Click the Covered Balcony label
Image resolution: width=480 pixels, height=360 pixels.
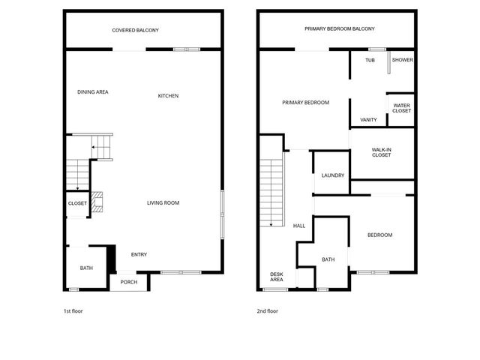pyautogui.click(x=135, y=30)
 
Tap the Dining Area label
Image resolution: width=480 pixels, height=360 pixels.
pyautogui.click(x=93, y=92)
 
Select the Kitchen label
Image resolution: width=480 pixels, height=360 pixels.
pyautogui.click(x=168, y=95)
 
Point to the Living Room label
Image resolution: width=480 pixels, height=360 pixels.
pyautogui.click(x=163, y=202)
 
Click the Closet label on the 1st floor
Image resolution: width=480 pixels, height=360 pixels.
pyautogui.click(x=77, y=203)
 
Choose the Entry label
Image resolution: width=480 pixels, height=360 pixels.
pyautogui.click(x=139, y=254)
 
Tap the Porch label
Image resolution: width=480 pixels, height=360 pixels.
pyautogui.click(x=129, y=282)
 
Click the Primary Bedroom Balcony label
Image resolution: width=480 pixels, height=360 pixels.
pyautogui.click(x=339, y=28)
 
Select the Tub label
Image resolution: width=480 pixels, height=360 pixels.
pyautogui.click(x=370, y=60)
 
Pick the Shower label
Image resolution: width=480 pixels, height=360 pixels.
pyautogui.click(x=402, y=60)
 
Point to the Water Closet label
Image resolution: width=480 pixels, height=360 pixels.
pyautogui.click(x=401, y=108)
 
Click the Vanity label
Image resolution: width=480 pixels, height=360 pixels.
pyautogui.click(x=368, y=119)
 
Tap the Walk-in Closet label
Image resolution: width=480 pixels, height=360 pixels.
pyautogui.click(x=382, y=152)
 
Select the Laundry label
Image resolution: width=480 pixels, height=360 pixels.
pyautogui.click(x=332, y=175)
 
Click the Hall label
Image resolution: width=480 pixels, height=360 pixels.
pyautogui.click(x=298, y=225)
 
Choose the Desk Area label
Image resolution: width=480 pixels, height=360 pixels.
pyautogui.click(x=277, y=277)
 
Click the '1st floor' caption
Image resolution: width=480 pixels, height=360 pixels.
pyautogui.click(x=73, y=310)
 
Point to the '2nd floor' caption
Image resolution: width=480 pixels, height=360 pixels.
pyautogui.click(x=267, y=310)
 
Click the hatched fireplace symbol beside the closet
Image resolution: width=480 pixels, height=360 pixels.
pyautogui.click(x=97, y=203)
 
